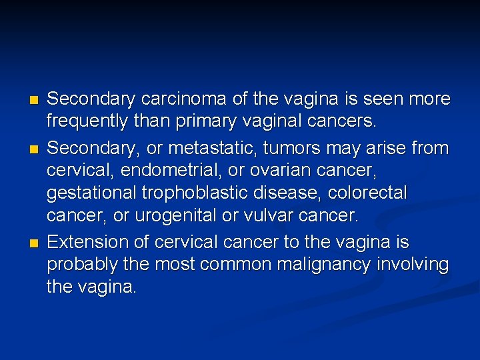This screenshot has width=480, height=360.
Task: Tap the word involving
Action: click(413, 265)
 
